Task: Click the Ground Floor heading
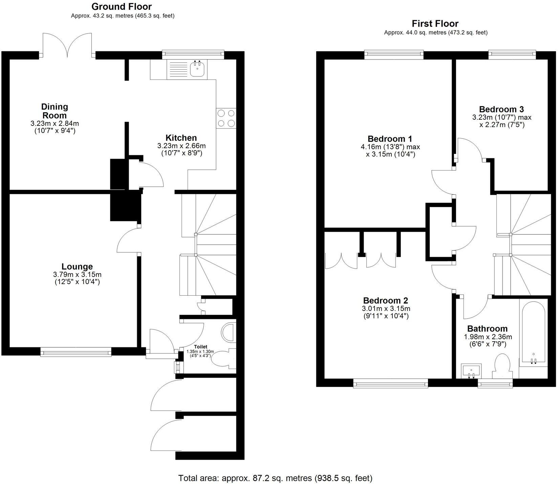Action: pyautogui.click(x=122, y=6)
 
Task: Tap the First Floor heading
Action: pyautogui.click(x=435, y=24)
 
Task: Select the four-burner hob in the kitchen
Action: pyautogui.click(x=226, y=119)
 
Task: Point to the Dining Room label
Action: pyautogui.click(x=55, y=111)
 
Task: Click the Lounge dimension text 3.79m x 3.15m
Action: pyautogui.click(x=77, y=274)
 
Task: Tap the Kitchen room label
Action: pyautogui.click(x=181, y=138)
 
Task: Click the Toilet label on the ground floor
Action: pyautogui.click(x=200, y=347)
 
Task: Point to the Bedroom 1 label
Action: pyautogui.click(x=390, y=139)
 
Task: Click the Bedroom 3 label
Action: pyautogui.click(x=501, y=109)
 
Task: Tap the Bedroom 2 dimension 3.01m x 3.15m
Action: pyautogui.click(x=386, y=308)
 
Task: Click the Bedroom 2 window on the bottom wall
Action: pyautogui.click(x=390, y=383)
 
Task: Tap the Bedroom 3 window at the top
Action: pyautogui.click(x=512, y=54)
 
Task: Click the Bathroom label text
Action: pyautogui.click(x=487, y=328)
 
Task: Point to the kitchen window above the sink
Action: pyautogui.click(x=193, y=53)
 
